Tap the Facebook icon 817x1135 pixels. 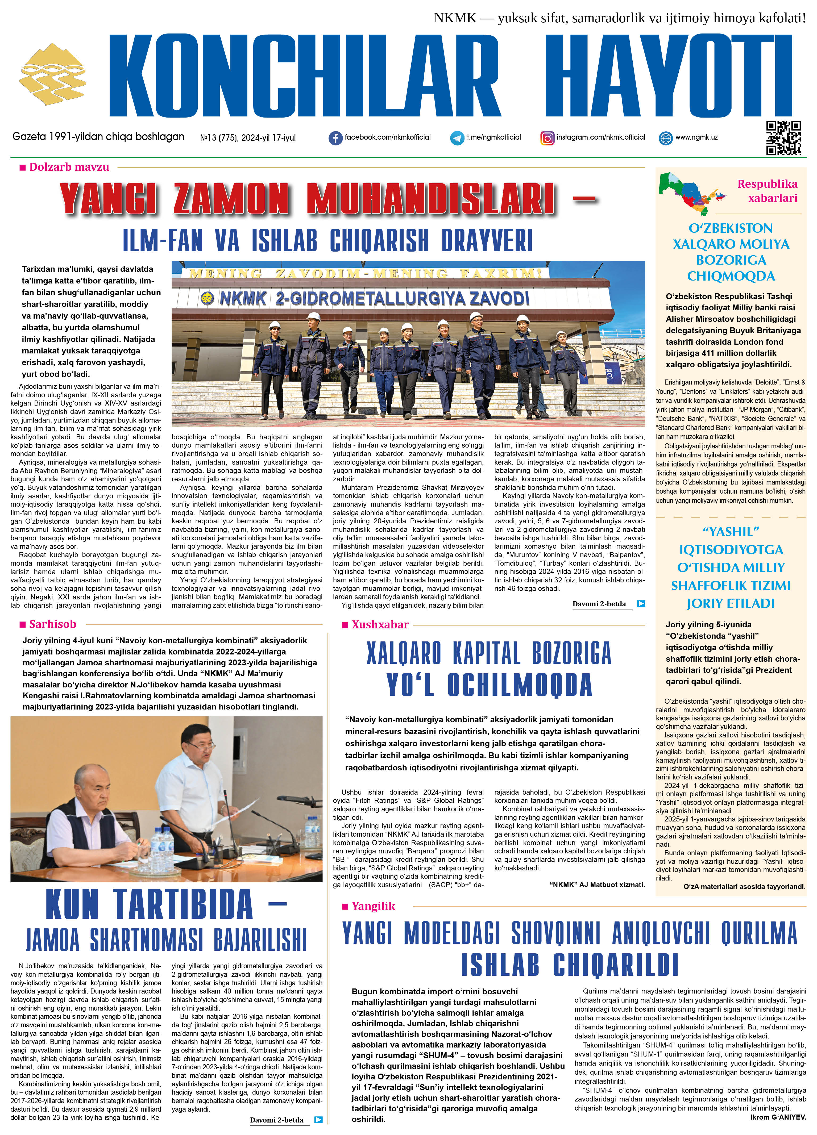pyautogui.click(x=335, y=138)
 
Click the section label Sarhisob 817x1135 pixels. pyautogui.click(x=53, y=624)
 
